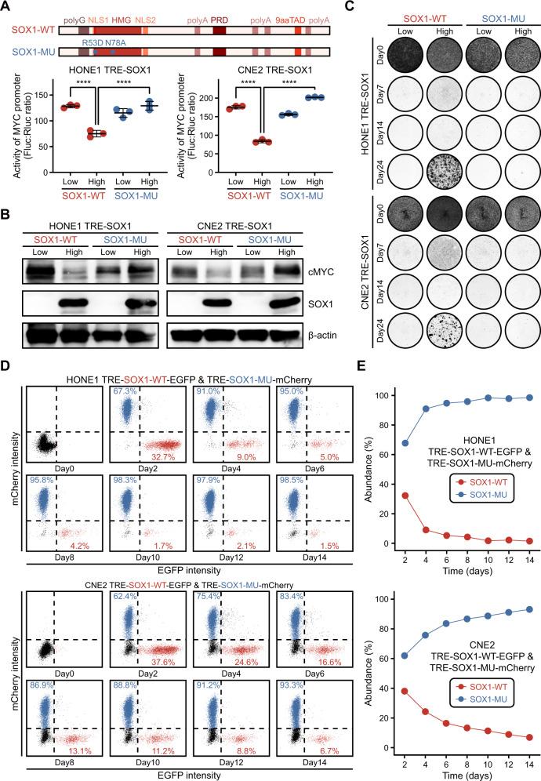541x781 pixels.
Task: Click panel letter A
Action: [x=6, y=7]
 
